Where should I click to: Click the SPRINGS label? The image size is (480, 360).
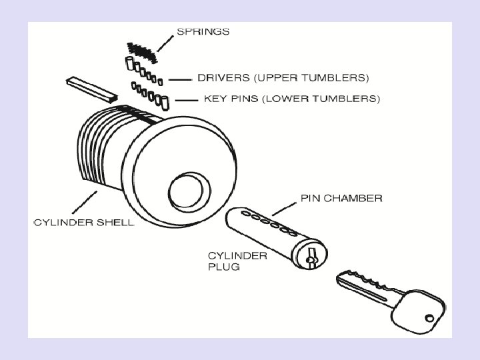point(203,31)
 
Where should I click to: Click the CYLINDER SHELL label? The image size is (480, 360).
point(84,222)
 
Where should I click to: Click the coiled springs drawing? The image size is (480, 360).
point(141,50)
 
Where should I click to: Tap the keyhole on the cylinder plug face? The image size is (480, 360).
point(310,255)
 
